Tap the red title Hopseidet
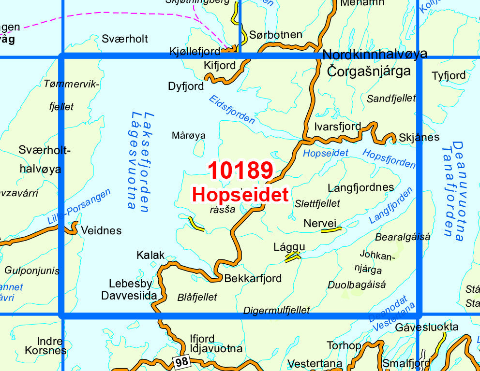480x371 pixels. coord(240,195)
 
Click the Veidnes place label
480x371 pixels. coord(101,230)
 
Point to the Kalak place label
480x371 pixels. coord(151,255)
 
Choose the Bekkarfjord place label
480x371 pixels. coord(253,279)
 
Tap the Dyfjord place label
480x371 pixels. coord(186,86)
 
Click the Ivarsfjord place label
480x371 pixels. coord(337,127)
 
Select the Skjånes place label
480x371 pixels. coord(419,137)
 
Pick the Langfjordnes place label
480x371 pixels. coord(360,187)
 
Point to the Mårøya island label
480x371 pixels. coord(189,136)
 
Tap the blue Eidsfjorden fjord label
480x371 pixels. coord(232,109)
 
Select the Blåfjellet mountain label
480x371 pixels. coord(197,297)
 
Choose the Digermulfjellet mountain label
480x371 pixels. coord(276,310)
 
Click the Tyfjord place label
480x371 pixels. coord(449,75)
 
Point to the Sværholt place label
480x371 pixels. coord(125,39)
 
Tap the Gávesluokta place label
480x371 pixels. coord(426,327)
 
